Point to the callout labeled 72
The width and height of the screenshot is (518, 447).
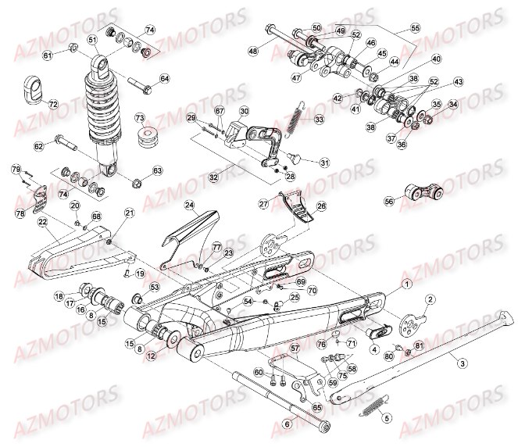(53, 104)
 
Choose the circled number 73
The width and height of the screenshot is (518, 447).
(141, 118)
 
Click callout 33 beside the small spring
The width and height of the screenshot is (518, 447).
(319, 120)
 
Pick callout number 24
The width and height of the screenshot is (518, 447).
(189, 206)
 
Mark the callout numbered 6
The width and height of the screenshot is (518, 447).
(287, 424)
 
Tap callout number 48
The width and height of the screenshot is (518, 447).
(252, 51)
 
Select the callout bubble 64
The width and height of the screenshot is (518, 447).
(165, 78)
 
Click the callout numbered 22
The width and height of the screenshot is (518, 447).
(45, 223)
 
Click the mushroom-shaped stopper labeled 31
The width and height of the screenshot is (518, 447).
(295, 159)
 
